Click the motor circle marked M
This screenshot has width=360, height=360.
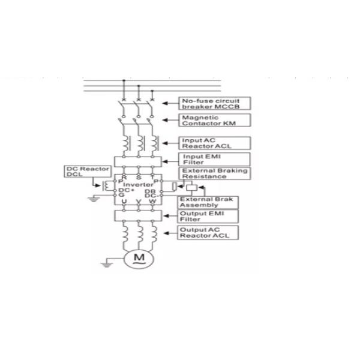pyautogui.click(x=139, y=257)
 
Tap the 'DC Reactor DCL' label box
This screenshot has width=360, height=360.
pyautogui.click(x=80, y=172)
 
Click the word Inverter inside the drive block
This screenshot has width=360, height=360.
pyautogui.click(x=139, y=184)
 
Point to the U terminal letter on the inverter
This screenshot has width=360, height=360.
pyautogui.click(x=124, y=200)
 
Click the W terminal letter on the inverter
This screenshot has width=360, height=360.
pyautogui.click(x=152, y=200)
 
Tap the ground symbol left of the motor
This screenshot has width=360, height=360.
pyautogui.click(x=106, y=262)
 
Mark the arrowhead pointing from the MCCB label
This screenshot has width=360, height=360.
pyautogui.click(x=165, y=103)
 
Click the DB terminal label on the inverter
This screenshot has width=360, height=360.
pyautogui.click(x=151, y=190)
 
